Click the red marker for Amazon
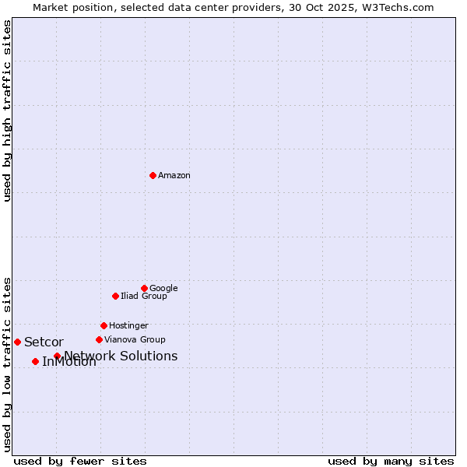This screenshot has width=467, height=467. [153, 175]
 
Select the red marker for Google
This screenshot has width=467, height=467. [144, 288]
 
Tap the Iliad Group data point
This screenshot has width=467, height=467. [115, 296]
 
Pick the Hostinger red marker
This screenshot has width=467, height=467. [104, 325]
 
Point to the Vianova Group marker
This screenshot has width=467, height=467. [99, 339]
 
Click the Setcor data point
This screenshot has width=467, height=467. [17, 342]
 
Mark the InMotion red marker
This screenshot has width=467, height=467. [35, 361]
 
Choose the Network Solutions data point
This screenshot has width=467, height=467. [57, 356]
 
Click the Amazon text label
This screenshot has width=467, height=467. [174, 176]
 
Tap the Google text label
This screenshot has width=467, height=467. [163, 289]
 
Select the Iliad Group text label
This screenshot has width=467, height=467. [144, 297]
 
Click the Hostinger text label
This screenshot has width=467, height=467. [128, 326]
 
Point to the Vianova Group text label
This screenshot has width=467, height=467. [135, 340]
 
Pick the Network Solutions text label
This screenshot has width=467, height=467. [121, 356]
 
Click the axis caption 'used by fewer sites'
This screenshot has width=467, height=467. [80, 462]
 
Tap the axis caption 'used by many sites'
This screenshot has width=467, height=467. [391, 462]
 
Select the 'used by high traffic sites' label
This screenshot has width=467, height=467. [7, 111]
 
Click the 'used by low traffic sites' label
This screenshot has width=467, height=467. [7, 363]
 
